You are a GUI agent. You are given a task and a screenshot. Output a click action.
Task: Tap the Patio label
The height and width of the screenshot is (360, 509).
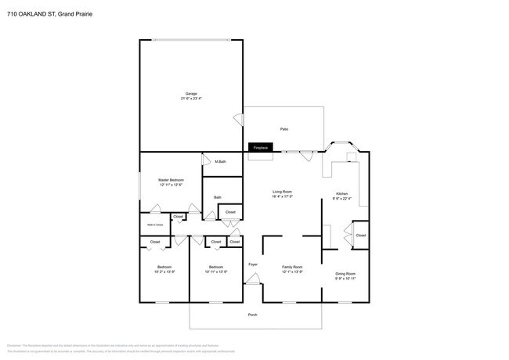pos(285,128)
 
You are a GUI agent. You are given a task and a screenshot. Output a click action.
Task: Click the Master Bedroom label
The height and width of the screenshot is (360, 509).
pos(171,180)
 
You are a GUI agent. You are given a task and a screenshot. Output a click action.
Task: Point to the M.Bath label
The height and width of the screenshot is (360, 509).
pos(221,162)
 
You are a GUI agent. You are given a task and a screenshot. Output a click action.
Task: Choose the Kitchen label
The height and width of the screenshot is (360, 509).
pos(342,193)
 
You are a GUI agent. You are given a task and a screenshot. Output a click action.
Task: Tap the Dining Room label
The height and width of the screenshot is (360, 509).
pos(345,273)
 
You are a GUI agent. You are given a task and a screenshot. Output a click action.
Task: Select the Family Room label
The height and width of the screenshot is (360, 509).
pos(292,267)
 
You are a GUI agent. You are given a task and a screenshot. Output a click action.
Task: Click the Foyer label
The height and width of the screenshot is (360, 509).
pos(253,265)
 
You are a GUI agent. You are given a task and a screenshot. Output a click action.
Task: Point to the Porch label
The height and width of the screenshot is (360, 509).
pos(252,315)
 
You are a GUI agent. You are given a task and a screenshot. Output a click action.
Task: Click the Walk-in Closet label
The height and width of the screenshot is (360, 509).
pos(155,225)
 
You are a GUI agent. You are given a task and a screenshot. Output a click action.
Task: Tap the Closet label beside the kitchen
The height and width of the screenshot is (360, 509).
pos(360,235)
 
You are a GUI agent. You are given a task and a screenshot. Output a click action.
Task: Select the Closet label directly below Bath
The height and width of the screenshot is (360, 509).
pos(230,212)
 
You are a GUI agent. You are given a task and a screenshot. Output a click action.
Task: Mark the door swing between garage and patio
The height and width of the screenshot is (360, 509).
pos(238,119)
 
